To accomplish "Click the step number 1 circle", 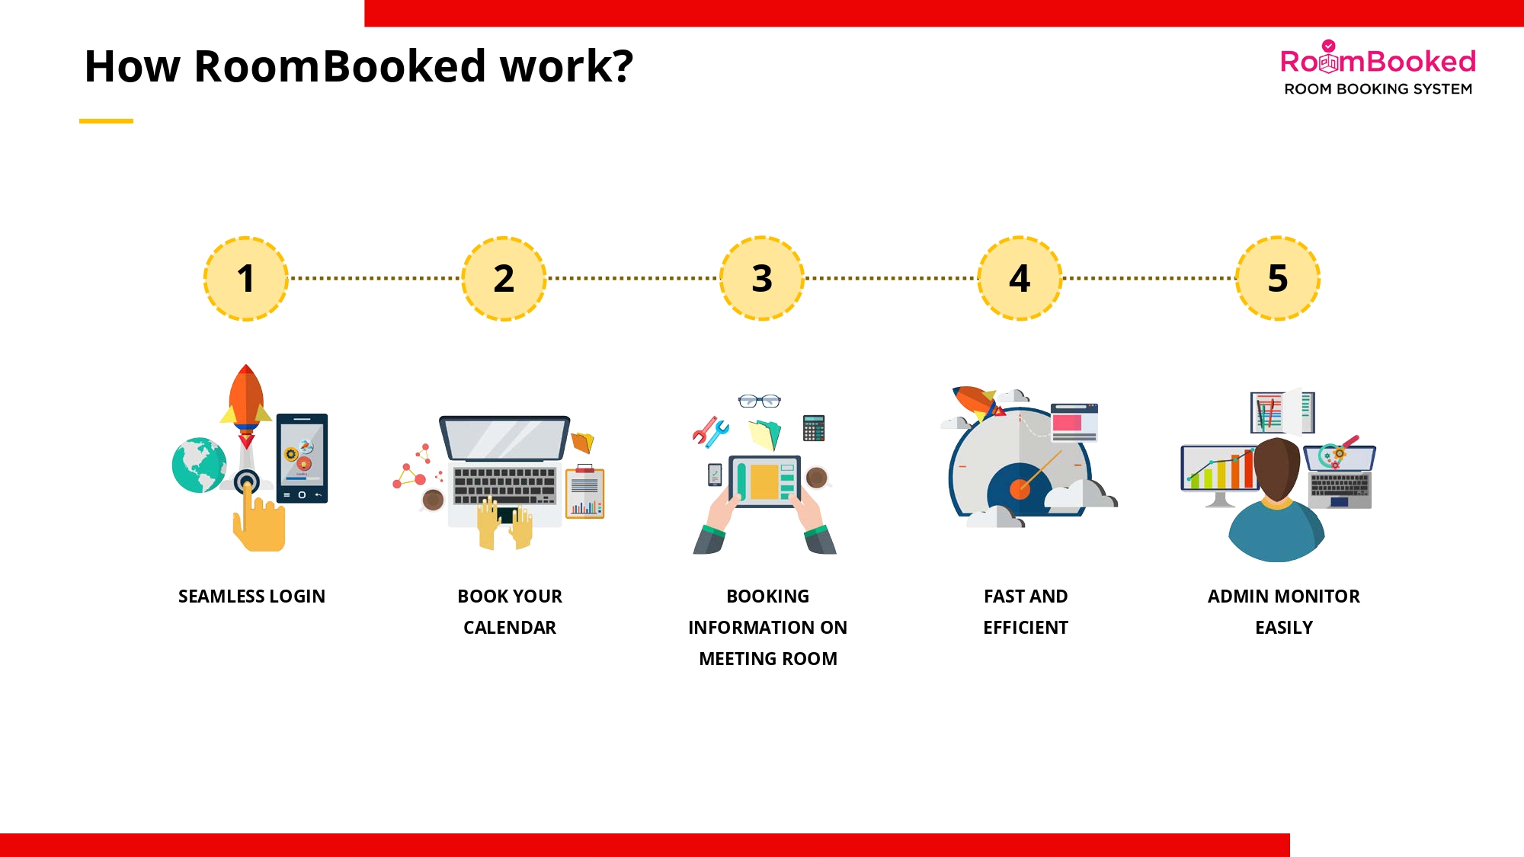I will [x=245, y=278].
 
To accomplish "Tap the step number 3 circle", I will [x=761, y=278].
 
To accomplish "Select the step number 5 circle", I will [x=1278, y=278].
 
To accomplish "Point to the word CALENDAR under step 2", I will [x=510, y=628].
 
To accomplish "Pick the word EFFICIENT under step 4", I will [x=1026, y=628].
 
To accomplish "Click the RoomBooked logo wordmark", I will [x=1378, y=61].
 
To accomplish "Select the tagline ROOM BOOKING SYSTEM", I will [x=1378, y=89].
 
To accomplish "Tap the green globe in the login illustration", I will [x=199, y=465].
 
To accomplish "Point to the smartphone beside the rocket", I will [x=302, y=458].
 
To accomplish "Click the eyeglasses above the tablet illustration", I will [x=759, y=401].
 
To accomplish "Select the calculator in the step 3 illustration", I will [x=814, y=428].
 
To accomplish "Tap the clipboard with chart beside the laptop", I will [x=584, y=494].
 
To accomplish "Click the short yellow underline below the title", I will [x=106, y=120].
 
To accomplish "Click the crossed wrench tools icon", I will [x=710, y=432].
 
